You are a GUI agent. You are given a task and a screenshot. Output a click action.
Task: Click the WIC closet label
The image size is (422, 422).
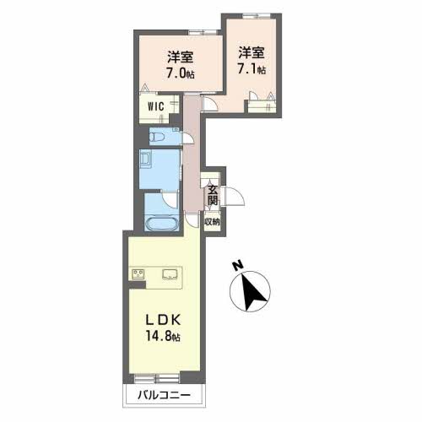tap(156, 106)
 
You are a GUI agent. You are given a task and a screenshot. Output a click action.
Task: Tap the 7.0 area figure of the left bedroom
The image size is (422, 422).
tap(181, 73)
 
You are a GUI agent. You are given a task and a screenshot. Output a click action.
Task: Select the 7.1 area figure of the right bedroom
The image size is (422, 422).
tap(252, 69)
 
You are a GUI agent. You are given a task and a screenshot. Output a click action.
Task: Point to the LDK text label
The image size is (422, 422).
tap(163, 320)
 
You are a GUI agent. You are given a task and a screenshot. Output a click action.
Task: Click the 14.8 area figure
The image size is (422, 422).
tap(163, 336)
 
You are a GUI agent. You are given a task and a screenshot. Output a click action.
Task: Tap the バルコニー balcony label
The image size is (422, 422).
tap(164, 395)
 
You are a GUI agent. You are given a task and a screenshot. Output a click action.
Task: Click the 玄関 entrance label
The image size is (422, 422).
tap(213, 195)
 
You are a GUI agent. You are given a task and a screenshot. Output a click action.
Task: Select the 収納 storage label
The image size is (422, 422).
tap(212, 222)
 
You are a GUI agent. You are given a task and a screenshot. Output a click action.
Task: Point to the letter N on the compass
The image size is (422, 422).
tap(238, 265)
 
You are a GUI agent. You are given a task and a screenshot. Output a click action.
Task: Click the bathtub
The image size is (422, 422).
tap(162, 225)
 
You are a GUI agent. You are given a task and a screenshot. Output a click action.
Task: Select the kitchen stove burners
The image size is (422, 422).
tap(138, 274)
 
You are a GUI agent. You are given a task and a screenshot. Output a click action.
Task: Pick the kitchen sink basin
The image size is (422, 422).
tap(170, 274)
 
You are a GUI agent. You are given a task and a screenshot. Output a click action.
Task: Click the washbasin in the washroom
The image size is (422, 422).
tap(146, 159)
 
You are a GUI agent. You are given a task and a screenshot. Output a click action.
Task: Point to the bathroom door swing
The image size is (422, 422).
tap(170, 199)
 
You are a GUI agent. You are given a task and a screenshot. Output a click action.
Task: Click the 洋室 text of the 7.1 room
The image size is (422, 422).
tap(252, 53)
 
